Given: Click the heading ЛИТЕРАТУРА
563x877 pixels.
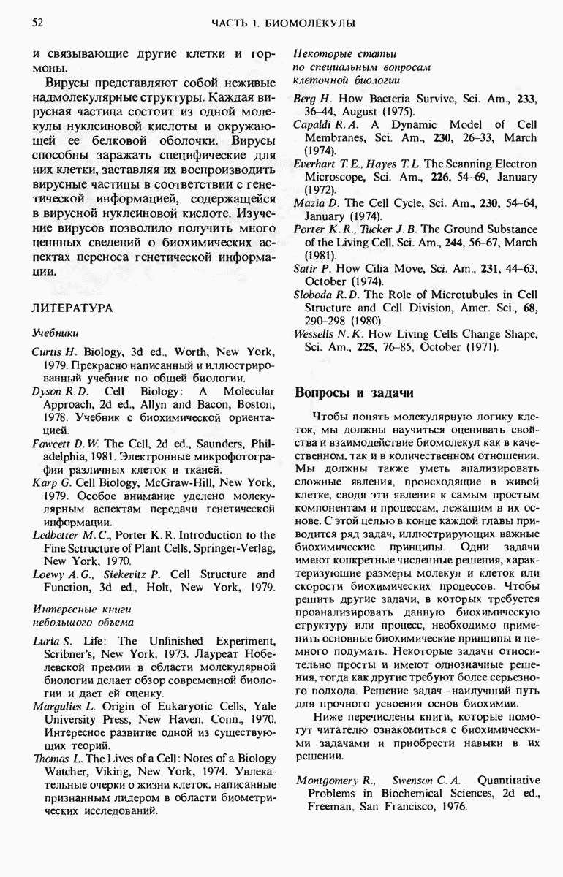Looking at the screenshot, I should (72, 308).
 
